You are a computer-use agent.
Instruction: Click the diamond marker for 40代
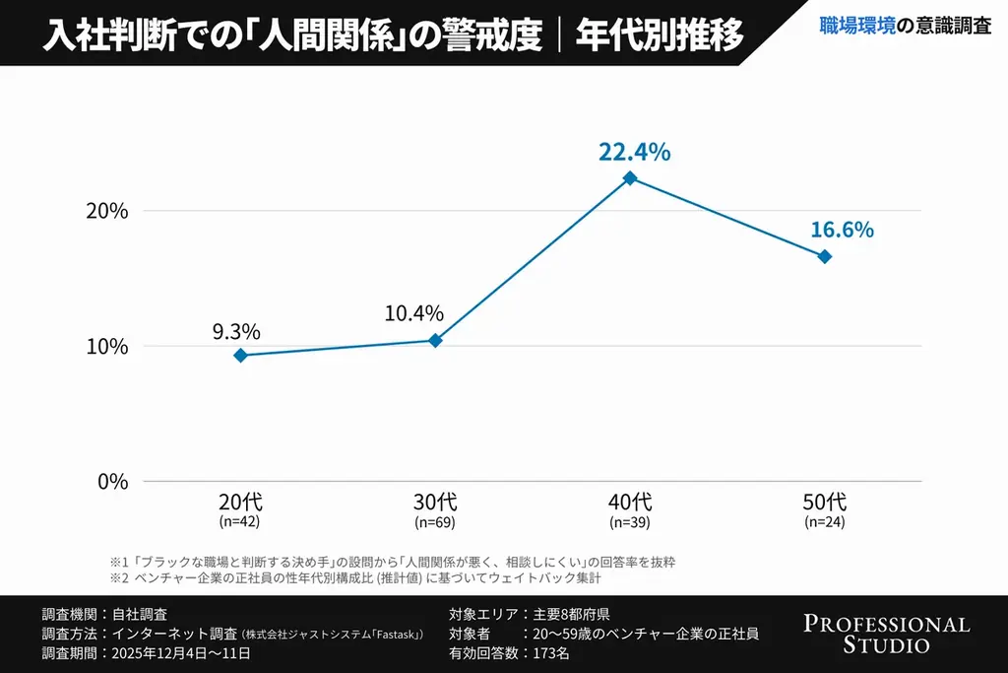tap(630, 178)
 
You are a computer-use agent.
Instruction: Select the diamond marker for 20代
tap(239, 355)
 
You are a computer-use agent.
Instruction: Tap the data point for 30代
tap(435, 340)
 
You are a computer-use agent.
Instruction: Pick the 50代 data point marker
tap(825, 256)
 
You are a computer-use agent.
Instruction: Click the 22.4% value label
tap(634, 152)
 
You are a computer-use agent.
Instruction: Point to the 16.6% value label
tap(842, 230)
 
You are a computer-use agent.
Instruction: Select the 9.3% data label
tap(236, 331)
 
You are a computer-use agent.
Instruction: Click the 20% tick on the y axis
tap(107, 211)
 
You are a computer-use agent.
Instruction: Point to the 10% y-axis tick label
tap(107, 346)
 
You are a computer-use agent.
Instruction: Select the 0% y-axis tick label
tap(111, 482)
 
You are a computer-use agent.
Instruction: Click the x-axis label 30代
tap(435, 502)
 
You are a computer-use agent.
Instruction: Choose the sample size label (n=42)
tap(239, 521)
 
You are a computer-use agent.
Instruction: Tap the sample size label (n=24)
tap(825, 521)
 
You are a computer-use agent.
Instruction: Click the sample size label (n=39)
tap(630, 521)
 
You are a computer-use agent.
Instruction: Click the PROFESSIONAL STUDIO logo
tap(886, 635)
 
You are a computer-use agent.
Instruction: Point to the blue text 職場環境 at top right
tap(857, 27)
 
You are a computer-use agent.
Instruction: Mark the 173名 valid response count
tap(551, 653)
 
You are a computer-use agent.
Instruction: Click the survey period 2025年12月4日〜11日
tap(181, 653)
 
